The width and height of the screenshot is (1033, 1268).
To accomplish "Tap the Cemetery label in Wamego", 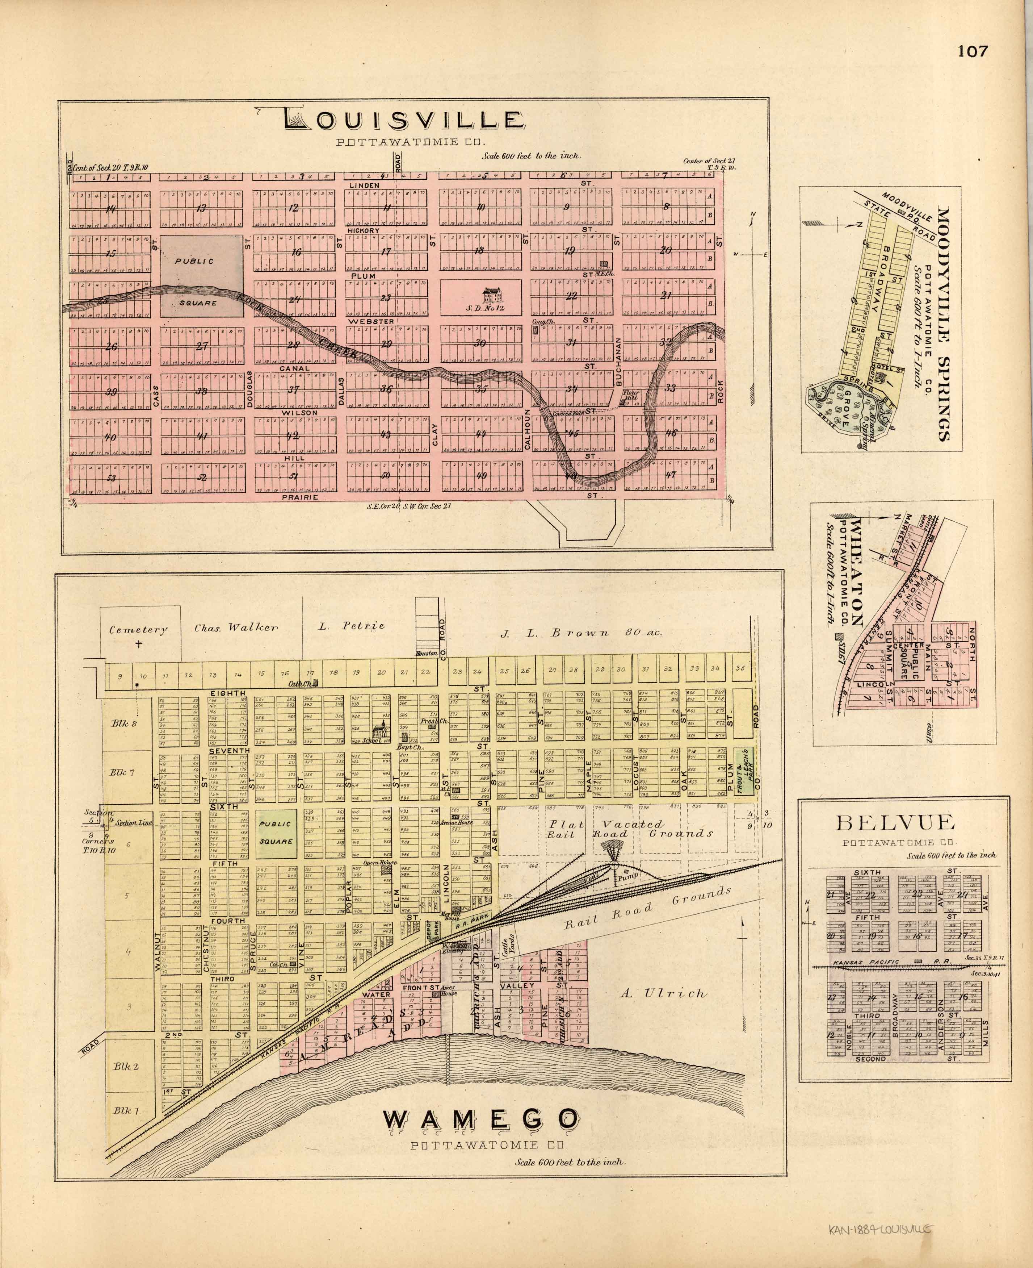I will pyautogui.click(x=138, y=630).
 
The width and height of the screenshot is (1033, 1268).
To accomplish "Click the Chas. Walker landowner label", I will pyautogui.click(x=236, y=627).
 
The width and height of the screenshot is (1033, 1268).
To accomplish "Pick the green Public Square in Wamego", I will pyautogui.click(x=276, y=833).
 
